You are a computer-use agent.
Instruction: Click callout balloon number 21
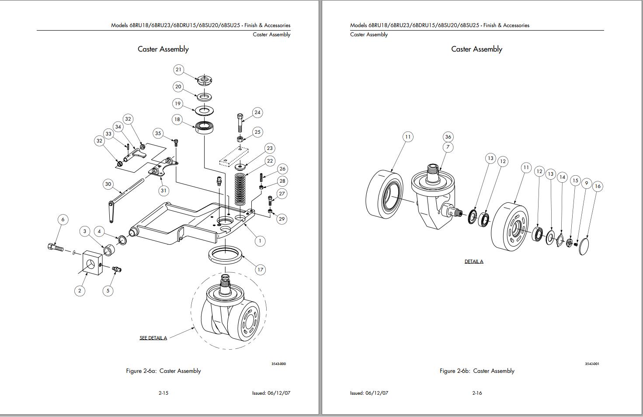[178, 69]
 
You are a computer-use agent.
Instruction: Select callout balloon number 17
[260, 270]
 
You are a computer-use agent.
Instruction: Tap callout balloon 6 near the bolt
[63, 219]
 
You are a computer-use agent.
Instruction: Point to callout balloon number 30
[108, 184]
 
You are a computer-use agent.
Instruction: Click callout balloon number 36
[448, 137]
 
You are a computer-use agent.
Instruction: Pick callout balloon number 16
[598, 186]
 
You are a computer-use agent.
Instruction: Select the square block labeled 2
[90, 262]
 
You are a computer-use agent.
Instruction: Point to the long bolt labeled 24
[240, 123]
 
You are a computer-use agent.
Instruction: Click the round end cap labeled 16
[584, 247]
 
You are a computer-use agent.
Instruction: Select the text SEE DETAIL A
[153, 338]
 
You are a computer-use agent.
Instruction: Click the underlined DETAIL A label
[474, 261]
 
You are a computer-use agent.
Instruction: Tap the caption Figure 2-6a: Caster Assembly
[163, 371]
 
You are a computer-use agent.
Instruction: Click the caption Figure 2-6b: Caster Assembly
[477, 371]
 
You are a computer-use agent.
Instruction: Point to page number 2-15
[163, 393]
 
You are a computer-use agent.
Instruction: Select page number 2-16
[477, 393]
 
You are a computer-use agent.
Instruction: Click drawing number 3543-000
[278, 364]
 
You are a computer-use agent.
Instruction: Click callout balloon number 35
[158, 133]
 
